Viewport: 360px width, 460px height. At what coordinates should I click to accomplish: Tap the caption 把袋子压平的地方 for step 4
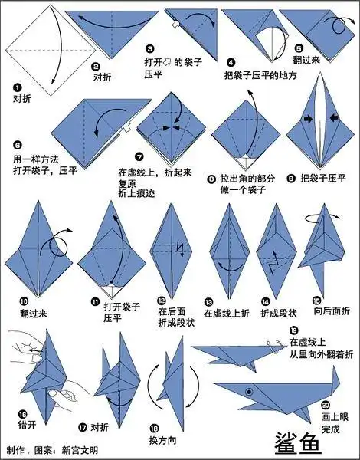[260, 76]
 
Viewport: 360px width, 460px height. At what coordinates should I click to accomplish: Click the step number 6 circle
[17, 144]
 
